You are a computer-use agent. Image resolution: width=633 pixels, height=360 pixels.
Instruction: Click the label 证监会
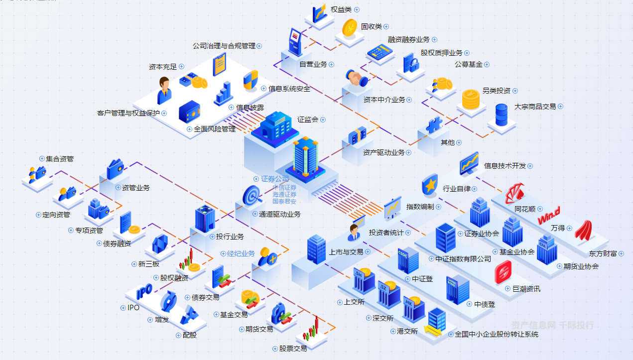[x=308, y=120]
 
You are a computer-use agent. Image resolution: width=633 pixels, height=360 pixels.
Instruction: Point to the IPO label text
[x=133, y=308]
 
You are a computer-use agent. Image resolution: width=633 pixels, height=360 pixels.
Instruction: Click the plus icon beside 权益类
[x=357, y=9]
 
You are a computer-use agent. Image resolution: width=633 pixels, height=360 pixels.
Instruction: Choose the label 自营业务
[x=313, y=64]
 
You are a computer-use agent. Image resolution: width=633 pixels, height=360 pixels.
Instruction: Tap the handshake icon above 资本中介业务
[x=357, y=78]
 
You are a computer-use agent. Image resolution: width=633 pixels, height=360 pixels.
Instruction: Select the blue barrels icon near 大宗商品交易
[x=501, y=115]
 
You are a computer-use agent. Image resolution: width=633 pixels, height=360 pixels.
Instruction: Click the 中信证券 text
[x=284, y=188]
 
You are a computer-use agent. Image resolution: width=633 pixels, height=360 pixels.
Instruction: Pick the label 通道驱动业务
[x=279, y=214]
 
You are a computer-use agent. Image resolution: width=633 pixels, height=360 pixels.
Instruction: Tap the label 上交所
[x=354, y=302]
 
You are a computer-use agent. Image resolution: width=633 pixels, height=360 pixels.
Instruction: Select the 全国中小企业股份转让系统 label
[x=497, y=334]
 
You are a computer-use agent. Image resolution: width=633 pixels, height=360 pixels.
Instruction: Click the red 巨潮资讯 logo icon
[x=503, y=272]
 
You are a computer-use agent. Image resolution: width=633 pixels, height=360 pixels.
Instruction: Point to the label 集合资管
[x=60, y=159]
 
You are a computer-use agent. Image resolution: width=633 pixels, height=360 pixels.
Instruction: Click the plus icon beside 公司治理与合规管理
[x=259, y=46]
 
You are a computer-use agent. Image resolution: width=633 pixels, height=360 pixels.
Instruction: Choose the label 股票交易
[x=293, y=349]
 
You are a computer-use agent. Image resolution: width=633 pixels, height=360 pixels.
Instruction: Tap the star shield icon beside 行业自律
[x=429, y=185]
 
